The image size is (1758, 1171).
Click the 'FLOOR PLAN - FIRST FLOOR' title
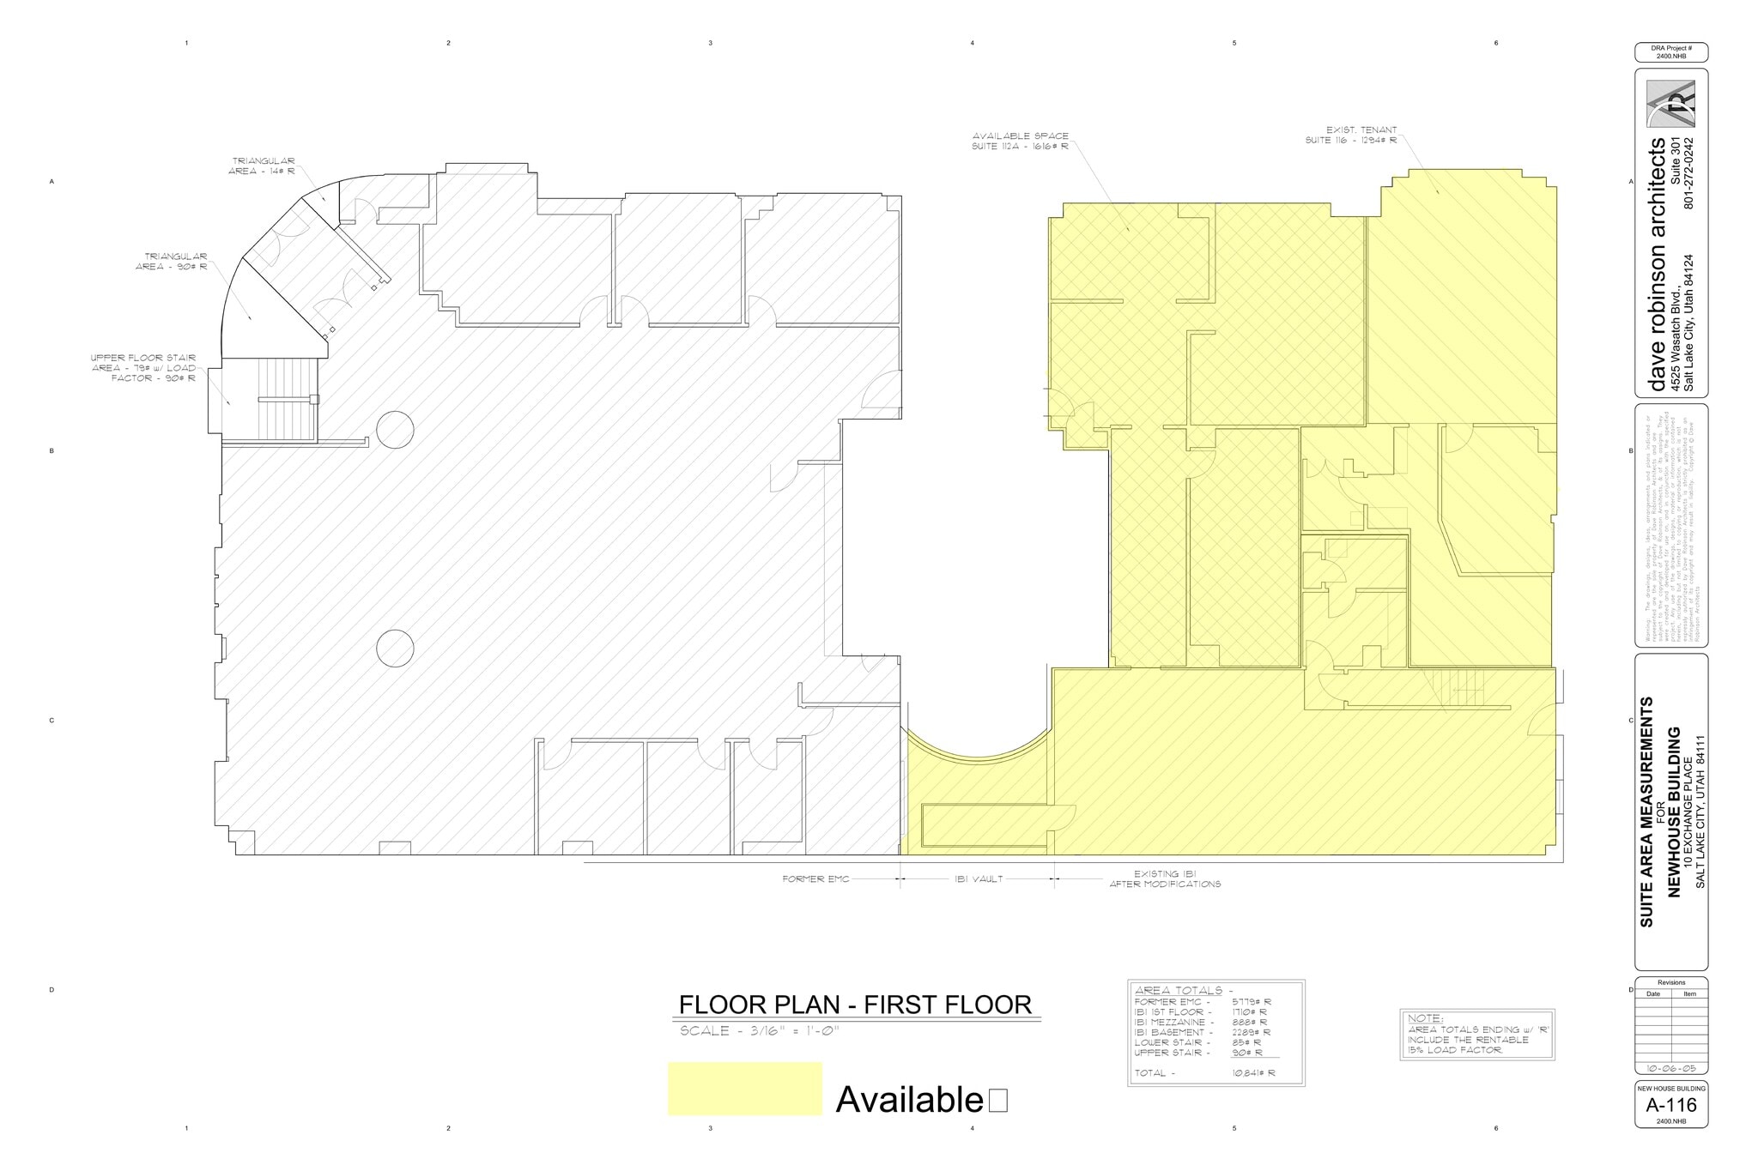click(855, 1005)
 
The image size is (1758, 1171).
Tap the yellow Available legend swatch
click(744, 1089)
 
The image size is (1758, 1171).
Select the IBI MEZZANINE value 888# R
click(1251, 1023)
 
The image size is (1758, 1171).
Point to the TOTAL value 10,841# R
click(1252, 1073)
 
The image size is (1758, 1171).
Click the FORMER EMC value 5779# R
click(1251, 1002)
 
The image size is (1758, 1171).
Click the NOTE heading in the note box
click(1425, 1018)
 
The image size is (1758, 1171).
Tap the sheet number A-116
click(1670, 1106)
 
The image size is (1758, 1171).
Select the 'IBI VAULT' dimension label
click(978, 878)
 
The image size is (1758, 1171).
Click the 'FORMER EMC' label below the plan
click(815, 878)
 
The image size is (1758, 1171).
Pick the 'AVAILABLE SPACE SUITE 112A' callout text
click(1020, 142)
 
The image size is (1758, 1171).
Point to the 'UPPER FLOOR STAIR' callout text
click(143, 368)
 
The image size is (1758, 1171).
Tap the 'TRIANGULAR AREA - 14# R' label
click(262, 166)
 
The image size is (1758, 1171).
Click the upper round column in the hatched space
click(395, 430)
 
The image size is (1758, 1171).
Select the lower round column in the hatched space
click(395, 649)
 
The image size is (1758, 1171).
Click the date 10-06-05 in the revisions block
click(1670, 1068)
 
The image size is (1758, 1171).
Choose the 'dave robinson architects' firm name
click(1658, 265)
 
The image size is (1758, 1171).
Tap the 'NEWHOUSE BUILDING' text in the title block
click(1673, 812)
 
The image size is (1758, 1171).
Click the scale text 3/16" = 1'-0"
click(758, 1030)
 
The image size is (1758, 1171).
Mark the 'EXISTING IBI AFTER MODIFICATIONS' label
click(1165, 878)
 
